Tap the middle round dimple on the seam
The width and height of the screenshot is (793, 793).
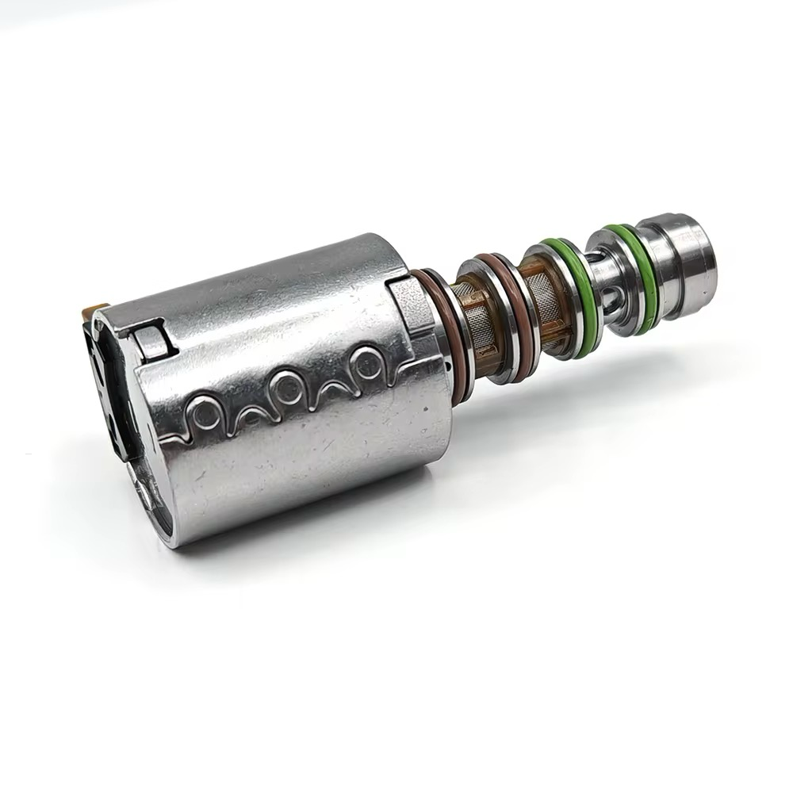click(286, 386)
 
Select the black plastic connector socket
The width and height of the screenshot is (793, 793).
click(111, 381)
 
